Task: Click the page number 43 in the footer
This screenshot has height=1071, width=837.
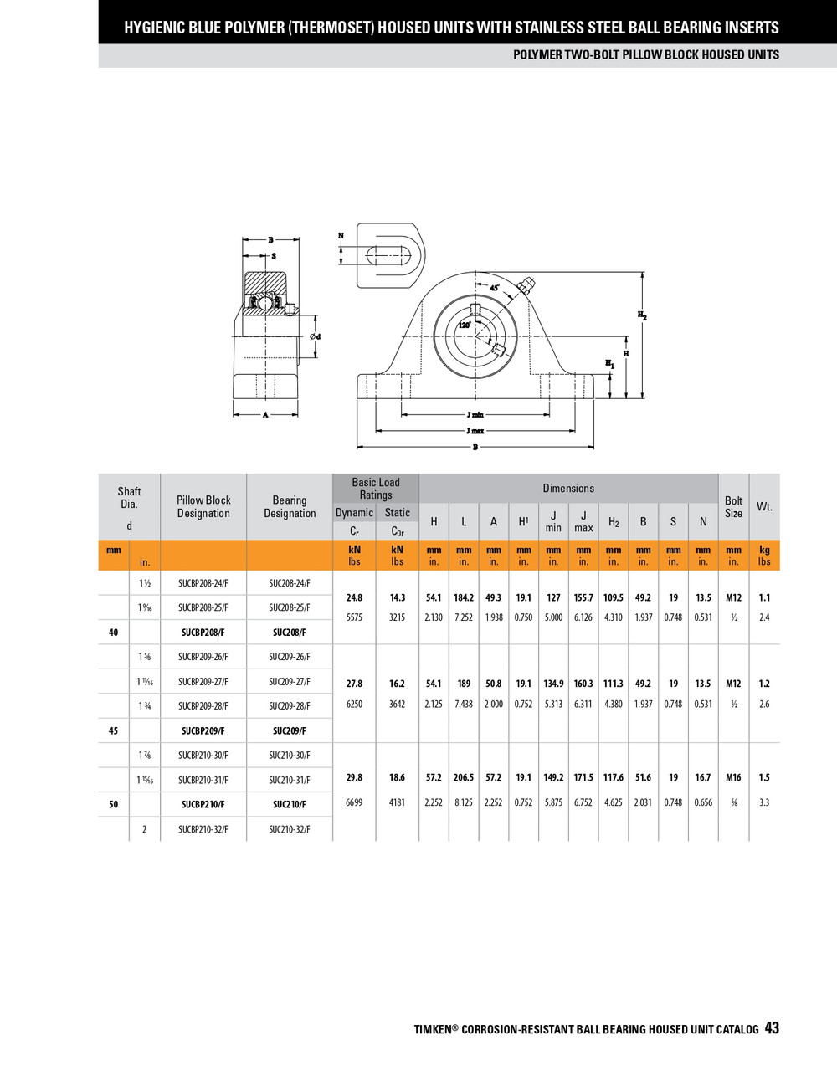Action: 771,1028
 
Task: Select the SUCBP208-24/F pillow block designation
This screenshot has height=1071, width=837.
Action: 203,583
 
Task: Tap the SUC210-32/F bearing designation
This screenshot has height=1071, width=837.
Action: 290,829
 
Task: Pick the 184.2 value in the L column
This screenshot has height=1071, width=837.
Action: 464,597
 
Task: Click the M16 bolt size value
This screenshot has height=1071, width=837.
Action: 733,777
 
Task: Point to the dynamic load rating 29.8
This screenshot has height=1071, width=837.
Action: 354,777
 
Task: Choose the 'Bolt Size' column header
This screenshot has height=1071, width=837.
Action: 733,506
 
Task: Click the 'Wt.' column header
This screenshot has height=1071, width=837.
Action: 764,506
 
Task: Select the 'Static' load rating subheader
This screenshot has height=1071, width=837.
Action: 397,513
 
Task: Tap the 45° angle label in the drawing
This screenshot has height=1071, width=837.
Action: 495,288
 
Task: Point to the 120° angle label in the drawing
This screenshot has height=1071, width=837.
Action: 464,325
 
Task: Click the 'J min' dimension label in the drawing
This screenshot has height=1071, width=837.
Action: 475,414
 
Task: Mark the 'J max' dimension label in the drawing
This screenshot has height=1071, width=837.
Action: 475,431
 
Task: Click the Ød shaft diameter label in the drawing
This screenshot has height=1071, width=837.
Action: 315,336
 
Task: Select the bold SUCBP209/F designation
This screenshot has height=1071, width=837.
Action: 203,730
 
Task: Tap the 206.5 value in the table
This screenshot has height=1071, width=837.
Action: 464,777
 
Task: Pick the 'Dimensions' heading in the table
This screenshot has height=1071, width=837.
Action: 568,488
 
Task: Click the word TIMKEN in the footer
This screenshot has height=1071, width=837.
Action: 433,1029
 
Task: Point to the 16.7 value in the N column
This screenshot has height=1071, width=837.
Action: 703,777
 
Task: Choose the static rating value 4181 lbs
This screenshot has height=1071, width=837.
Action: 397,802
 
